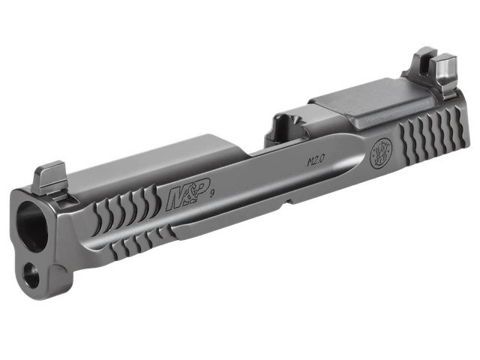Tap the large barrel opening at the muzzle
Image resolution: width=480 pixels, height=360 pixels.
point(32,226)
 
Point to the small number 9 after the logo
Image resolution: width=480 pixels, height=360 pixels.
point(211,193)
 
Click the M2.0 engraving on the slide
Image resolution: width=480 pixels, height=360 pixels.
point(315,160)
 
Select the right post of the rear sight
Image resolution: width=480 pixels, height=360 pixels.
point(446,72)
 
